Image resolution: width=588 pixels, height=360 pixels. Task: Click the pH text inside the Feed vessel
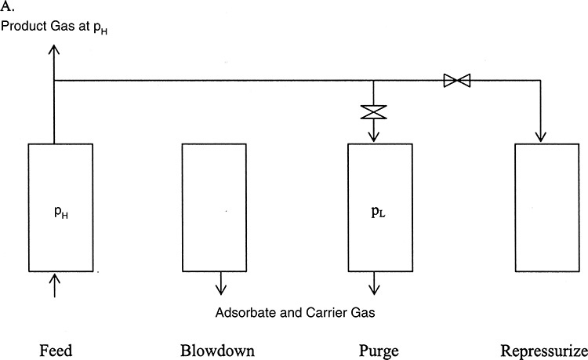coord(54,211)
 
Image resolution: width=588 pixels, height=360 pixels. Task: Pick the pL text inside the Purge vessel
coord(374,211)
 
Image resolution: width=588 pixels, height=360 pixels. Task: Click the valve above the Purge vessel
coord(374,112)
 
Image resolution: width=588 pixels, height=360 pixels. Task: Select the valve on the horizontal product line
coord(456,80)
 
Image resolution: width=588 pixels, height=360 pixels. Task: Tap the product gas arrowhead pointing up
coord(54,49)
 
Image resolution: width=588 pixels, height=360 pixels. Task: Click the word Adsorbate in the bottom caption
coord(241,314)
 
